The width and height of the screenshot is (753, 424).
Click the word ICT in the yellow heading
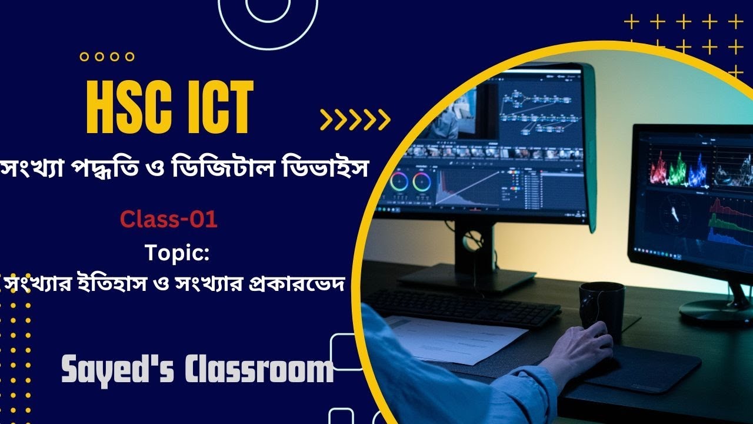218,107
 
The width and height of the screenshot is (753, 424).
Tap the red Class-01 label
169,220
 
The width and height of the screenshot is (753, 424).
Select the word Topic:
177,254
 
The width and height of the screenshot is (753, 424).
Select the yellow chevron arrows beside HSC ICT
355,120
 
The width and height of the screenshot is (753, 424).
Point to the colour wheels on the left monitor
411,181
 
